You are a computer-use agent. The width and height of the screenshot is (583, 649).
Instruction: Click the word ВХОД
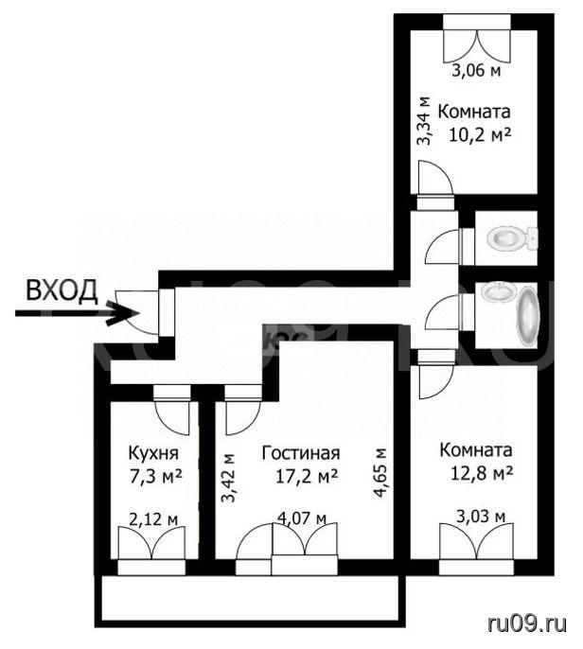62,290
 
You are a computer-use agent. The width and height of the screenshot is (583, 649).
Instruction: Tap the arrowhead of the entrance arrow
124,313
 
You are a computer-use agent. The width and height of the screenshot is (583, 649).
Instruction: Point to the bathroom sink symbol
499,292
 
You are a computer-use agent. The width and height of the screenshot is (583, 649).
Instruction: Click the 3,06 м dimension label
476,71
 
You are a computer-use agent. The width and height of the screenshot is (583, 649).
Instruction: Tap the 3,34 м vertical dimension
424,121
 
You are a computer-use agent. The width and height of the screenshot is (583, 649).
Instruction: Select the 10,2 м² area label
481,135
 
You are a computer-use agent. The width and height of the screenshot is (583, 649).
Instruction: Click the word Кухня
153,454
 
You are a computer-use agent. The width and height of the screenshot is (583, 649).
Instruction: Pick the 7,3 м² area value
155,477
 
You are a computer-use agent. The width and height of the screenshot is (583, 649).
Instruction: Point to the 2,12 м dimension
153,519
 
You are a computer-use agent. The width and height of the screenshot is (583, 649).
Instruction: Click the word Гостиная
301,453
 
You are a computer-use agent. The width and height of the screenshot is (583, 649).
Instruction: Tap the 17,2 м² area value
307,477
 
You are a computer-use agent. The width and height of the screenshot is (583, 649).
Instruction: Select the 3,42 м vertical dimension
228,478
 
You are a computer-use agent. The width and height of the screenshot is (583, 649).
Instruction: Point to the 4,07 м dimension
302,518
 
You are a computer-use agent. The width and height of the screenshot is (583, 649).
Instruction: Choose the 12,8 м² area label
482,473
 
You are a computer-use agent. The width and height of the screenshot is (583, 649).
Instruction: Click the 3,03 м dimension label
481,517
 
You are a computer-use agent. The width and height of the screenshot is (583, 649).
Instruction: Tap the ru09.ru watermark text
527,622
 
